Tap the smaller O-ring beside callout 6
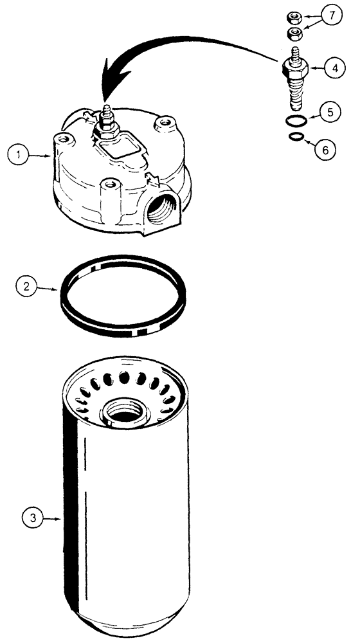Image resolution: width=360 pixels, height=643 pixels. pos(295,136)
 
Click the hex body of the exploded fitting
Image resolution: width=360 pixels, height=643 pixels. pos(295,68)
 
